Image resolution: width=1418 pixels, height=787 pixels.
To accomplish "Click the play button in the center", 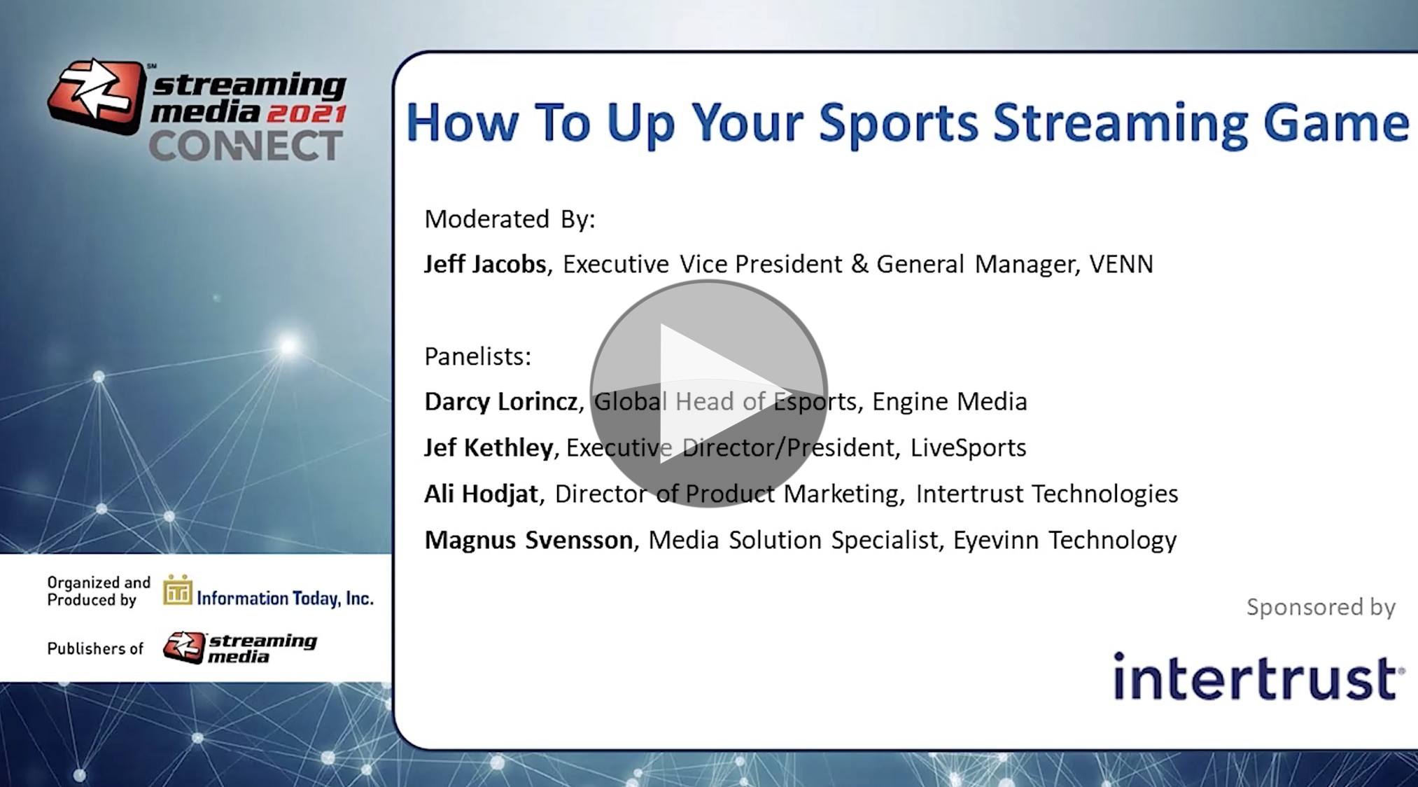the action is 708,393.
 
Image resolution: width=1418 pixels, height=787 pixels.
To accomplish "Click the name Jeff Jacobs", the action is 485,264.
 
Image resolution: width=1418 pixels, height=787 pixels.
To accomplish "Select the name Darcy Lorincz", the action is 501,401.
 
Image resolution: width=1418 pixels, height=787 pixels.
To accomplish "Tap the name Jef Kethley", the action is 489,447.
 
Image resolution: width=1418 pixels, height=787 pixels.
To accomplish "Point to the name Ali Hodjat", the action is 481,494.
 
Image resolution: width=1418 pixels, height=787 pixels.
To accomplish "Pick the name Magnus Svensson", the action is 528,540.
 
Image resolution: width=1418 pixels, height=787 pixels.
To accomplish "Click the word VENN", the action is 1121,264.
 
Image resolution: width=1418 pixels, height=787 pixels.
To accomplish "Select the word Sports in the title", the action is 898,123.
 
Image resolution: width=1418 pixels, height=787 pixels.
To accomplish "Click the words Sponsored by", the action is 1321,607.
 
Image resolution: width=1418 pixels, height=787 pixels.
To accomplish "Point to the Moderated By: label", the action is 510,219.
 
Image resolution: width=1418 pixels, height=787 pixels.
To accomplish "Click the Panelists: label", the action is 478,356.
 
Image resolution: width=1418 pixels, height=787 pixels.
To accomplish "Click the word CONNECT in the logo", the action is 245,146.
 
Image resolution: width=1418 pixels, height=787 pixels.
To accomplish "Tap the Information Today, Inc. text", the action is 285,598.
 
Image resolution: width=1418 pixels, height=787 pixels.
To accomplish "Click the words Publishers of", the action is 95,649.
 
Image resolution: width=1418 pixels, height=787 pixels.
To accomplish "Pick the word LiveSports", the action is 968,447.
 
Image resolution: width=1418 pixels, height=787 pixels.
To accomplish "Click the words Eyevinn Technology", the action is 1065,540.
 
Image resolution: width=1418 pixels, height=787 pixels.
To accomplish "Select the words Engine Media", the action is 950,402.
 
